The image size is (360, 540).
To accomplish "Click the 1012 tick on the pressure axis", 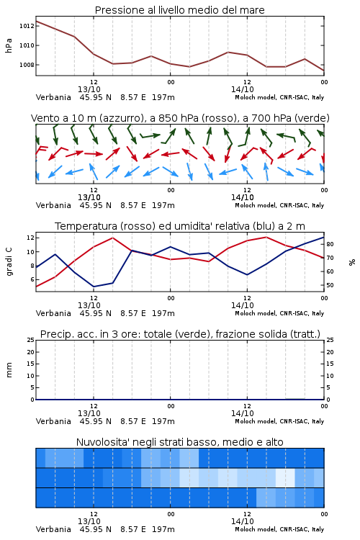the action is (27, 26).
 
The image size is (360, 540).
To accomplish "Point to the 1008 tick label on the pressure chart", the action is (27, 65).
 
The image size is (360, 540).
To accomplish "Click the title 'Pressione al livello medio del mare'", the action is (179, 10).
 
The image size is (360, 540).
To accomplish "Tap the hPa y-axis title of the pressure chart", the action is (9, 45).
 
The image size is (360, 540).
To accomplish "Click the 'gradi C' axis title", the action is (9, 262).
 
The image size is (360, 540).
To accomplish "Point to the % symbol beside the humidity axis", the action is (352, 262).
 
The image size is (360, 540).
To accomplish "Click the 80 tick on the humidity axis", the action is (330, 244).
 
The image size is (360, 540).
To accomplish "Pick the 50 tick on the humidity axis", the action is (330, 285).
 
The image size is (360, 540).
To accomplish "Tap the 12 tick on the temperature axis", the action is (30, 238).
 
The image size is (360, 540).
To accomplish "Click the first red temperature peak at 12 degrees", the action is (112, 238).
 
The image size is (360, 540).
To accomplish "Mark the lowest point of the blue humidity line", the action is (94, 287).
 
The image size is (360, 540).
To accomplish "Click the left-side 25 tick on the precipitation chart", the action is (30, 340).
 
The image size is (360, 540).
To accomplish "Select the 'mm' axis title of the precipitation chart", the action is (9, 370).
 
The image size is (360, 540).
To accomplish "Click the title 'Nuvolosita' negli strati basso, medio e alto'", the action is (179, 442).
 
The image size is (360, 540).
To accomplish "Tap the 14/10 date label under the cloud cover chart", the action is (242, 521).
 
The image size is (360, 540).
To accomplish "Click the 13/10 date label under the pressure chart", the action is (89, 89).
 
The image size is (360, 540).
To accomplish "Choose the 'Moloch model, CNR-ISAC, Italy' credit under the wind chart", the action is (279, 205).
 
